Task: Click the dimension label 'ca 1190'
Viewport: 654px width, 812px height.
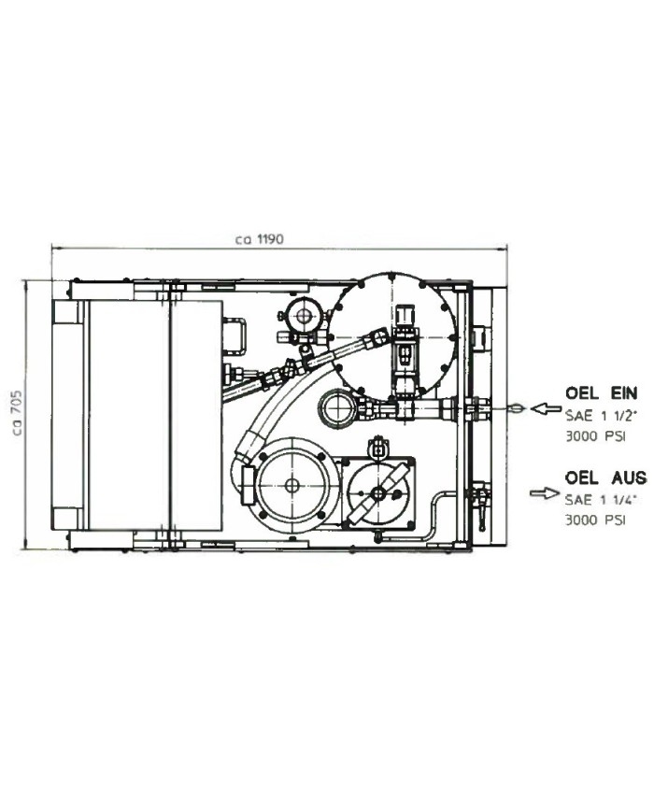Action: [x=259, y=240]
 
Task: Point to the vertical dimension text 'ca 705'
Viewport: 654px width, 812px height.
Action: [x=17, y=413]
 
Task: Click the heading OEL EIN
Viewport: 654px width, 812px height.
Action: [x=601, y=393]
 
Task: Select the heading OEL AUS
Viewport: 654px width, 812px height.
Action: [x=605, y=477]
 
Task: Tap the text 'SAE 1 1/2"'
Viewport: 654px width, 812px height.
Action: [x=601, y=415]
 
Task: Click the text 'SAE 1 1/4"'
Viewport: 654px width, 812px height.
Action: [x=601, y=499]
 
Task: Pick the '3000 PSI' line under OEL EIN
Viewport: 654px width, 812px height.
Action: [x=595, y=436]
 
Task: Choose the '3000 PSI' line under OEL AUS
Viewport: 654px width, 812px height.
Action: [x=595, y=520]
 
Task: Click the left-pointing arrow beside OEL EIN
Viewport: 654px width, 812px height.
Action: [x=546, y=408]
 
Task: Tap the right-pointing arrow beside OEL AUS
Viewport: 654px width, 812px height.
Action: [x=545, y=493]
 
